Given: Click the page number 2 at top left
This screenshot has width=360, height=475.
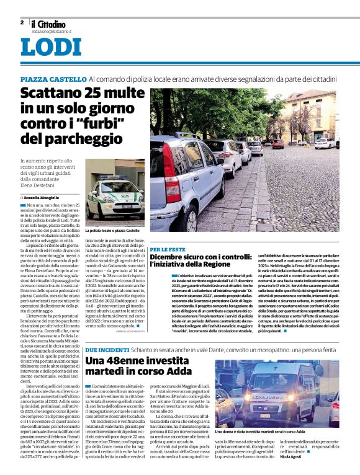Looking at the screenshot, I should (22, 22).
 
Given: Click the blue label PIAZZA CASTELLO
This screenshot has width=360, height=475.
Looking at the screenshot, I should (53, 79).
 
